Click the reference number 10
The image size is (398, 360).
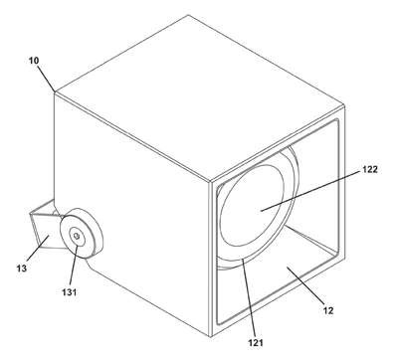[x=34, y=61]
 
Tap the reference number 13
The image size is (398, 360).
[x=22, y=269]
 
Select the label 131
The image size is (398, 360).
[x=69, y=292]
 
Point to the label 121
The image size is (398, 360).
[x=256, y=342]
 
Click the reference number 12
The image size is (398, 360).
[x=328, y=310]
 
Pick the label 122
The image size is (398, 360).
[x=369, y=169]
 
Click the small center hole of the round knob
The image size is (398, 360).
[x=77, y=236]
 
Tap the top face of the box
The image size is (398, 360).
[x=199, y=97]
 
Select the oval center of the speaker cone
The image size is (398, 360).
[x=252, y=205]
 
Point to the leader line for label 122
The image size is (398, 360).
[x=311, y=191]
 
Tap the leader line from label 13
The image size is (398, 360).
[x=38, y=248]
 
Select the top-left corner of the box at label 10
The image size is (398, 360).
[x=54, y=91]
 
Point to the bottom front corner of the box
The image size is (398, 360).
[x=211, y=336]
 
